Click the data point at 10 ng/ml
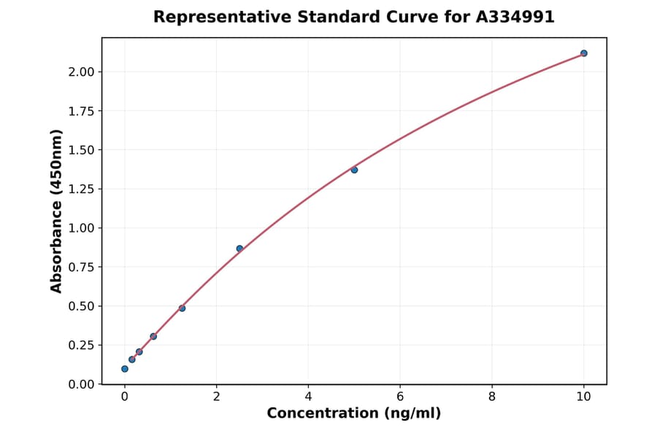coord(584,53)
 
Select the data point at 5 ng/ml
coord(354,170)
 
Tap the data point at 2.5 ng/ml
coord(239,249)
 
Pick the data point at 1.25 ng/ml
coord(182,308)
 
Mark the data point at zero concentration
coord(125,369)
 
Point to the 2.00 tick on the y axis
coord(81,71)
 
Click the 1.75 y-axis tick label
coord(81,111)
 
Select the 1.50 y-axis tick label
coord(81,150)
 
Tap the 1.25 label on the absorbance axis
coord(81,189)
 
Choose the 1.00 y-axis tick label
coord(81,228)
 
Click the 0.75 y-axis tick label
coord(81,268)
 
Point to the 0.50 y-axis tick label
coord(81,306)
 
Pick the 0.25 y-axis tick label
coord(81,346)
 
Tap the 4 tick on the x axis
coord(308,397)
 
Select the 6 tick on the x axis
coord(400,397)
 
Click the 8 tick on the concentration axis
coord(492,397)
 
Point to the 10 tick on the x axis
coord(584,397)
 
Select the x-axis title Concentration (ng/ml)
coord(354,413)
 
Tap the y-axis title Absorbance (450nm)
coord(56,211)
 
